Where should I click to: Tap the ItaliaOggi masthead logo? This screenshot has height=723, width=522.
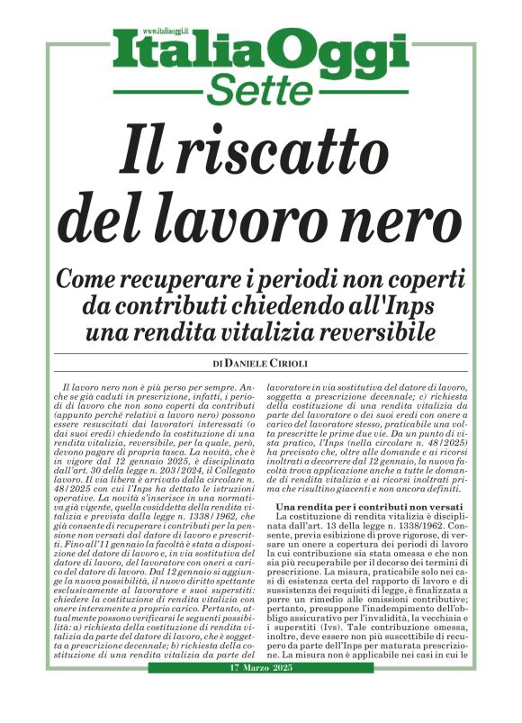[x=261, y=53]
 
